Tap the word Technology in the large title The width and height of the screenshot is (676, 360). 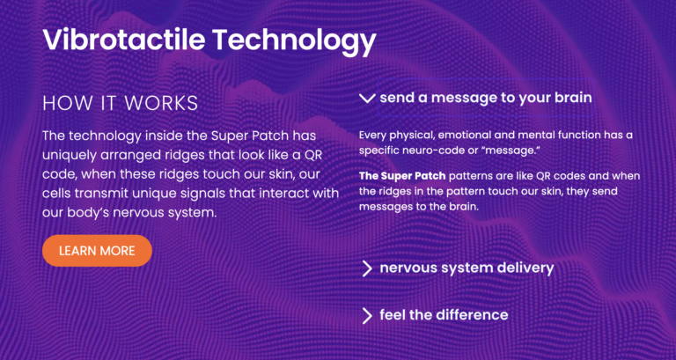click(x=293, y=39)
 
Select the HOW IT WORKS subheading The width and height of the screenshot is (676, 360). click(x=120, y=103)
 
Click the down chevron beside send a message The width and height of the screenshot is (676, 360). click(x=367, y=98)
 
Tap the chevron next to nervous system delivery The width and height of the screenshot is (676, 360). click(x=367, y=268)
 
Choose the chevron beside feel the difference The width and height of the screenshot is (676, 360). click(x=367, y=315)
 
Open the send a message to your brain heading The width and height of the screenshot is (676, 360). click(x=485, y=98)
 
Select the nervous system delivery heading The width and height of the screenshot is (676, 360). click(x=467, y=268)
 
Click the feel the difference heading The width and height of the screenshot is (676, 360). click(x=444, y=314)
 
